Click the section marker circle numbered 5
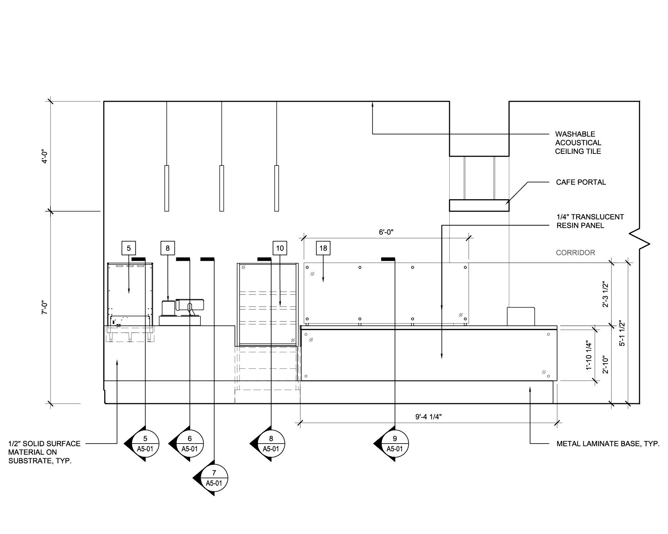coord(145,444)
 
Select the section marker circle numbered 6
coord(190,444)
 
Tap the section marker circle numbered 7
coord(214,478)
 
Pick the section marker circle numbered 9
coord(395,444)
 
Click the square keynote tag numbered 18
coord(323,248)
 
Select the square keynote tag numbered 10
coord(280,248)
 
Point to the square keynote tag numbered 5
coord(129,248)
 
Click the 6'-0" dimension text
coord(386,232)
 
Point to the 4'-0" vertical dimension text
coord(45,156)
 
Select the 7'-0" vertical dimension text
coord(45,308)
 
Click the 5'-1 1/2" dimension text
coord(622,333)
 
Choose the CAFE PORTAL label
coord(581,182)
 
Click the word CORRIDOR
coord(575,252)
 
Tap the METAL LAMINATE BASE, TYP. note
coord(608,444)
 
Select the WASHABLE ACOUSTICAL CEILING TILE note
coord(578,142)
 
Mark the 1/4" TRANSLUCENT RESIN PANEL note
coord(590,221)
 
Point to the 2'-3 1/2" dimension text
coord(605,294)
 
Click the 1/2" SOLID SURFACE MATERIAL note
coord(44,452)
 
